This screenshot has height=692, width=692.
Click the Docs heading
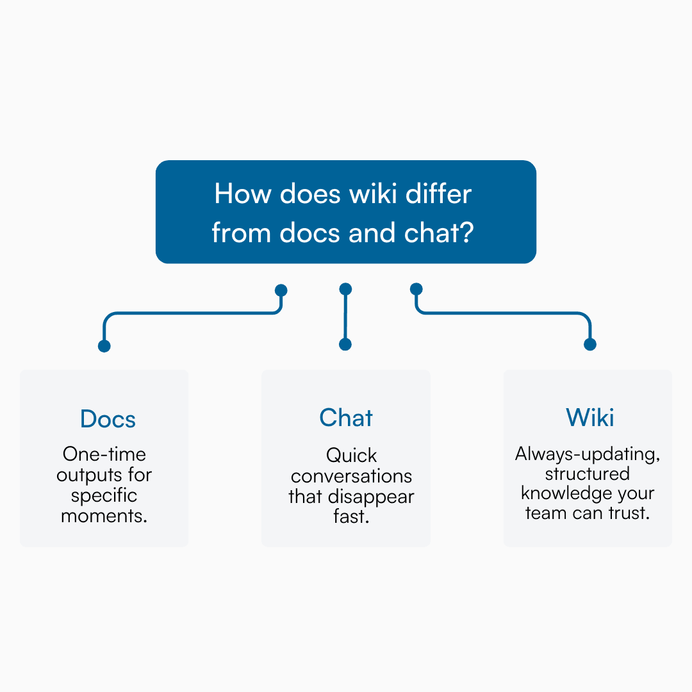108,419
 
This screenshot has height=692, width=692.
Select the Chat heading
346,418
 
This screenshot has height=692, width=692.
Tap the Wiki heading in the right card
589,418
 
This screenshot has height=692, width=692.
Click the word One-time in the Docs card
104,454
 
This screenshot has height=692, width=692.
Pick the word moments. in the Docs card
104,516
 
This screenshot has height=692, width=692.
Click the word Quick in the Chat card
351,456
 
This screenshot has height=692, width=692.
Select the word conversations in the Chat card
351,477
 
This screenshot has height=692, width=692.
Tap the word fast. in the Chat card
351,516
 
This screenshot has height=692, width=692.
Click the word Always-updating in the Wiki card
588,454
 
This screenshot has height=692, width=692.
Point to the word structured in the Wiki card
588,474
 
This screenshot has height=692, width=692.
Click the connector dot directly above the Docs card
104,346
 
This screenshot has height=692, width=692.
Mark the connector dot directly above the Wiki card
590,345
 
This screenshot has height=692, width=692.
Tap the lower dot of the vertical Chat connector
345,345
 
